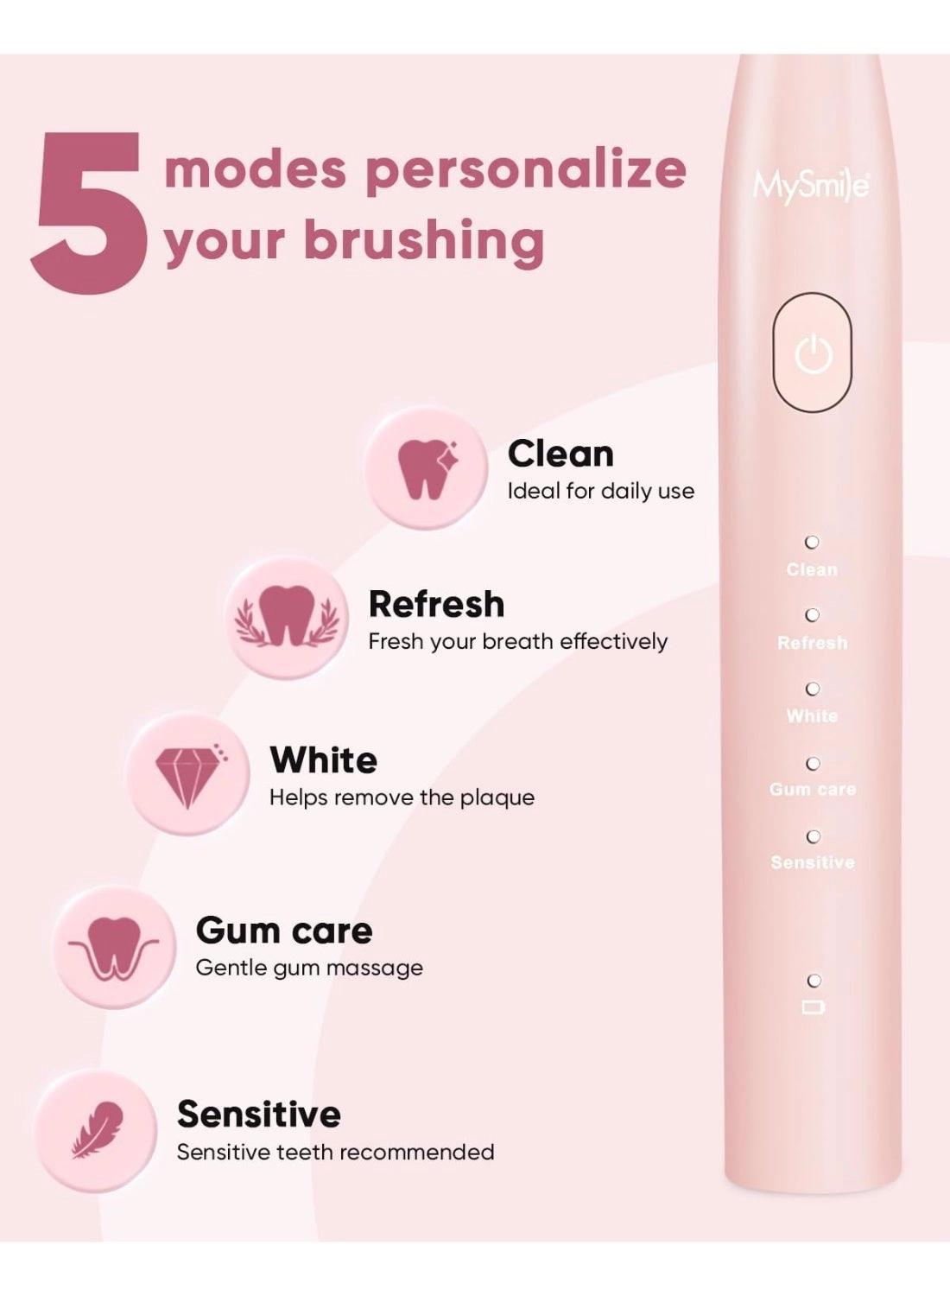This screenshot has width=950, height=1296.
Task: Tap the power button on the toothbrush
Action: point(812,353)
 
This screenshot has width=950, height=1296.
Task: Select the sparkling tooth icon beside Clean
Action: point(426,468)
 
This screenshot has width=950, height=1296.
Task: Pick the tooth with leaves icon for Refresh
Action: point(286,617)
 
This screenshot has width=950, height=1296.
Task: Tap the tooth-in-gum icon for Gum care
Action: point(114,948)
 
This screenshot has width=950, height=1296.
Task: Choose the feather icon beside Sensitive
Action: point(97,1130)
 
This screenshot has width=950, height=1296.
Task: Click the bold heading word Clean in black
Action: point(560,454)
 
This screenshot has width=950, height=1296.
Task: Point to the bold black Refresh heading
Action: point(436,604)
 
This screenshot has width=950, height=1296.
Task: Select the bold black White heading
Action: point(323,760)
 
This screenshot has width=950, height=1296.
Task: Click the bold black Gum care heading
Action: point(284,931)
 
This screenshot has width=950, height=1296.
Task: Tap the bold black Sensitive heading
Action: point(258,1114)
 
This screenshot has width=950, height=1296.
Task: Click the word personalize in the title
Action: point(525,170)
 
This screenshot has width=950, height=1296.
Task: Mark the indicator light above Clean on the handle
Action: point(812,543)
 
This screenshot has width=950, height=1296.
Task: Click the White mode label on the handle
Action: point(812,716)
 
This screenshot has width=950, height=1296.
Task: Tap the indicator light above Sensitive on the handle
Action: point(813,836)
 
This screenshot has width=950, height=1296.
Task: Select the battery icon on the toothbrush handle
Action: point(814,1007)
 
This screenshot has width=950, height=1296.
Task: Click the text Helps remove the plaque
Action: point(402,797)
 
